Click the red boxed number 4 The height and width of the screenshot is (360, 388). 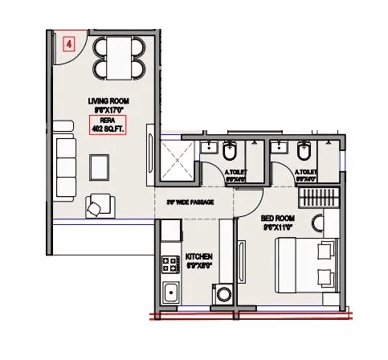pos(68,45)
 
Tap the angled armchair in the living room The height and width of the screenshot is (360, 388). pos(98,206)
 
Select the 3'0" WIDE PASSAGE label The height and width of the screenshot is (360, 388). pos(190,202)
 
